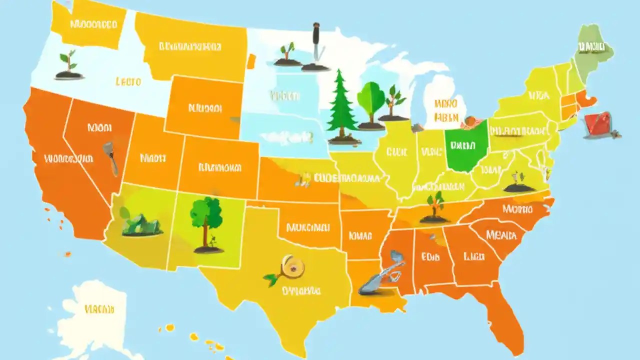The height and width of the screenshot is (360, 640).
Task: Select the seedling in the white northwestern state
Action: click(68, 64)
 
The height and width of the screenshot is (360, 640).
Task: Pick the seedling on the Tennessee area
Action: click(435, 206)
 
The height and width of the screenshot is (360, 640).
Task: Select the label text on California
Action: click(68, 159)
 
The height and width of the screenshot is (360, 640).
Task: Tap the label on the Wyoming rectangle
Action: click(205, 107)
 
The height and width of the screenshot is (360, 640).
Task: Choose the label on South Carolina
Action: click(501, 234)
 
